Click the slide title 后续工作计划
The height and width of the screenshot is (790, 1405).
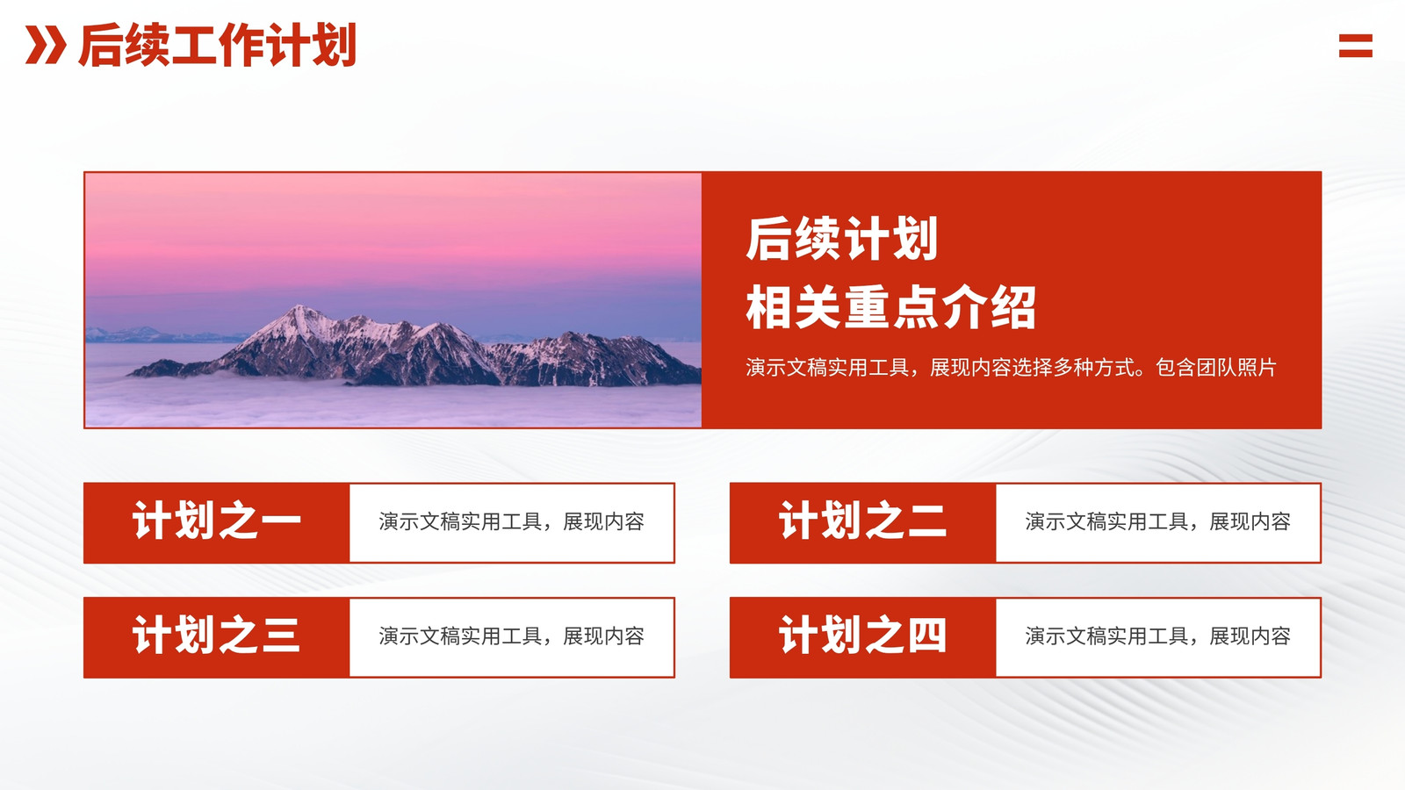pyautogui.click(x=218, y=45)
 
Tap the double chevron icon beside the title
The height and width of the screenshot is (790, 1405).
pyautogui.click(x=45, y=45)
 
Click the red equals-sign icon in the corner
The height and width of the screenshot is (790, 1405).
pyautogui.click(x=1356, y=46)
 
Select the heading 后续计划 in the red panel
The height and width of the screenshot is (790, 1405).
pyautogui.click(x=842, y=238)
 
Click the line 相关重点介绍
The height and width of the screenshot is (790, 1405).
pyautogui.click(x=890, y=307)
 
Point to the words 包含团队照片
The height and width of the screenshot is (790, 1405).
pyautogui.click(x=1215, y=368)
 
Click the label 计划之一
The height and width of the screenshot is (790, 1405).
pyautogui.click(x=216, y=521)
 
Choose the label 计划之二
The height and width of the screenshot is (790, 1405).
pyautogui.click(x=862, y=521)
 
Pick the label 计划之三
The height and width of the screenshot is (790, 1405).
pyautogui.click(x=216, y=636)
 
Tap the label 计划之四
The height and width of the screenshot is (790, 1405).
pyautogui.click(x=862, y=636)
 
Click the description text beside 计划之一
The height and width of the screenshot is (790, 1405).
pyautogui.click(x=511, y=521)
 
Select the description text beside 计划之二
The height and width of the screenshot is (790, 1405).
pyautogui.click(x=1158, y=521)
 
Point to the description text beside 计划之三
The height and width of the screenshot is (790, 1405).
pyautogui.click(x=511, y=636)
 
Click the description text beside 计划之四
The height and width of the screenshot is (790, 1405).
pyautogui.click(x=1158, y=636)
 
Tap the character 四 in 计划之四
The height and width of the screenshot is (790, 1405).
pyautogui.click(x=926, y=636)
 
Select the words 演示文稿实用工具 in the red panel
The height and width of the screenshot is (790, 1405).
pyautogui.click(x=827, y=368)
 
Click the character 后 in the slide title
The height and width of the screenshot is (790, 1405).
pyautogui.click(x=100, y=45)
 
